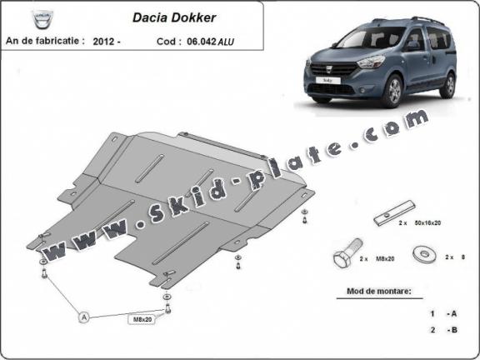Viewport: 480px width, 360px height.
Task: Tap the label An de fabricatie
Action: click(44, 40)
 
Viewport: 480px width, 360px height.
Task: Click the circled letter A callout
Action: click(83, 317)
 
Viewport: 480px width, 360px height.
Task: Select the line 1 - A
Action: click(442, 313)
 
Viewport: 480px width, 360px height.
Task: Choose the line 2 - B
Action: click(442, 330)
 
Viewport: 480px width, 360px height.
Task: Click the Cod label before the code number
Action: click(163, 40)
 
